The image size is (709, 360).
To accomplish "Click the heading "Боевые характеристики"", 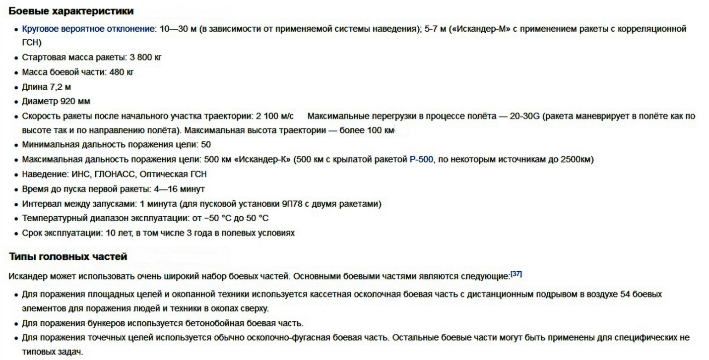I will pyautogui.click(x=71, y=11).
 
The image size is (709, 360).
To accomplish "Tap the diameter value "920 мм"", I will pyautogui.click(x=75, y=102).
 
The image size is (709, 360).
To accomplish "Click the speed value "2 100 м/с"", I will pyautogui.click(x=275, y=117).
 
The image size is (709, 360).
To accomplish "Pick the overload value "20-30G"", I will pyautogui.click(x=525, y=117).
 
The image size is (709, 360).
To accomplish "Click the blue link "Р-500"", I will pyautogui.click(x=422, y=160).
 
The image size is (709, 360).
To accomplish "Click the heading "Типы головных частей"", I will pyautogui.click(x=68, y=257).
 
